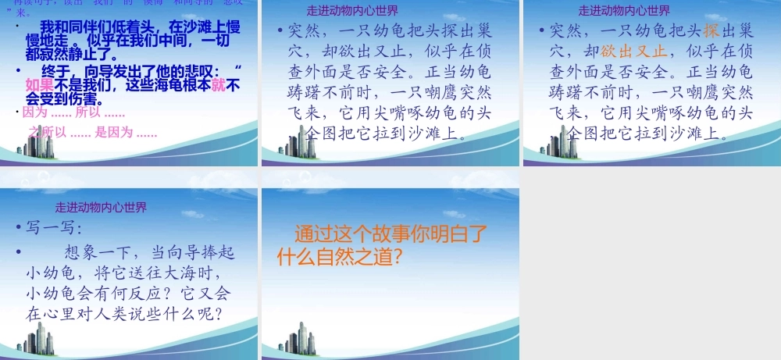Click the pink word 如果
40,84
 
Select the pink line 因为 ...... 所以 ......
73,112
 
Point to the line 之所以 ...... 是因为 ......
92,132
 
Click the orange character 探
711,31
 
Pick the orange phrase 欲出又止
634,52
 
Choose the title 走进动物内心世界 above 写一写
101,208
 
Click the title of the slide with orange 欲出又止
624,11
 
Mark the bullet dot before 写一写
19,230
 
